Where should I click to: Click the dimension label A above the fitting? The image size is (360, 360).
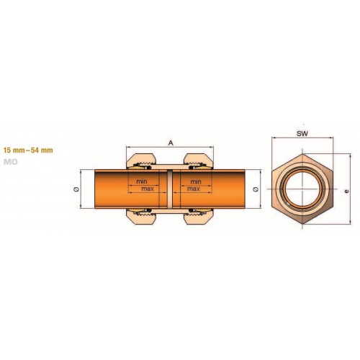pos(171,143)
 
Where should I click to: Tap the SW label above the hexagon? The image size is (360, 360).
pos(302,134)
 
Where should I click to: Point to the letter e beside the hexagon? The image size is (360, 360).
pos(346,192)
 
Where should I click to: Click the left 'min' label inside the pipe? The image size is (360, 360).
pos(142,181)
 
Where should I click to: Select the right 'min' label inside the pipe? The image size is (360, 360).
pos(196,181)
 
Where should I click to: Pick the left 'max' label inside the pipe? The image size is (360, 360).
pos(148,189)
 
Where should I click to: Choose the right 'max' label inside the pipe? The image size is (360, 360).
pos(194,189)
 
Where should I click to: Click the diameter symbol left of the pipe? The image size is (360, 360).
pos(76,189)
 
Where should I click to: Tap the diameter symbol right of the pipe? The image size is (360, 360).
pos(256,189)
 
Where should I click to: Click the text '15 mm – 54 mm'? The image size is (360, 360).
pos(28,150)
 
